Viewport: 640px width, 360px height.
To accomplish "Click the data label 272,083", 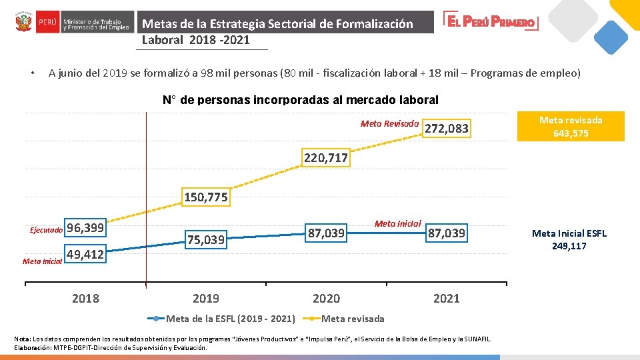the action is [447, 129].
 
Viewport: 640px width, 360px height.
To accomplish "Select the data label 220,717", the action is [326, 157].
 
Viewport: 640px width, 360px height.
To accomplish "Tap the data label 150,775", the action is [206, 197].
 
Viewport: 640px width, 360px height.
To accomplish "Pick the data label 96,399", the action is [85, 227].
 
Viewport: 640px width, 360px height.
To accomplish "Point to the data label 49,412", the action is [85, 254].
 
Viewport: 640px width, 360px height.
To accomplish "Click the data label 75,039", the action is [206, 239].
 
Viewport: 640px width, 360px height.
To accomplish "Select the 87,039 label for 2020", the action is [326, 233].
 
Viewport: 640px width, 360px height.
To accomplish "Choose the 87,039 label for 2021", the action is [447, 233].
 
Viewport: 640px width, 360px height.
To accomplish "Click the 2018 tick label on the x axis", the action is [85, 299].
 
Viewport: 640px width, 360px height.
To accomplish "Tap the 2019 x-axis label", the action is [206, 299].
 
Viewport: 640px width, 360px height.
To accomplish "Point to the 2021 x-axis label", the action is [447, 299].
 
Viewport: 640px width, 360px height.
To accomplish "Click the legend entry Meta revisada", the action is [344, 319].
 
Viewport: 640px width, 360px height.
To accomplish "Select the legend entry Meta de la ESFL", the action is [221, 319].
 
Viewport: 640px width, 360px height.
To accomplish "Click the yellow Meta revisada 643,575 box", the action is [571, 127].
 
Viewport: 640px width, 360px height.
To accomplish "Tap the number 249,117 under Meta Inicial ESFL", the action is [569, 246].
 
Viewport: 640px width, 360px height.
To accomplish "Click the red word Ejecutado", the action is [46, 230].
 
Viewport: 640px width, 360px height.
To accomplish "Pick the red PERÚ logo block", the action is [48, 22].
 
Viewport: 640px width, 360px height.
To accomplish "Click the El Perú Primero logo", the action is [491, 21].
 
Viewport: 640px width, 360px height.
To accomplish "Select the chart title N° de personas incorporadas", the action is [301, 100].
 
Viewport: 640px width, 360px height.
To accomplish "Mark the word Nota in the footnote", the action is [21, 339].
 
